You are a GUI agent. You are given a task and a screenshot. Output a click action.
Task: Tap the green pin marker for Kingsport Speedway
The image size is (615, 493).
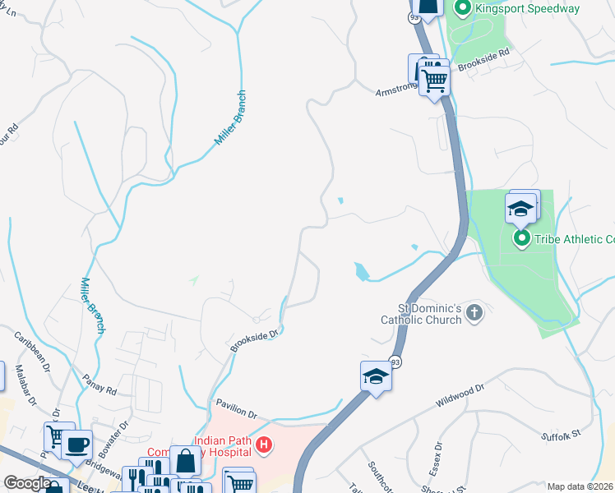462,9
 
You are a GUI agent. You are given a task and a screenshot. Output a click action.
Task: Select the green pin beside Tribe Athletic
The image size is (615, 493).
521,239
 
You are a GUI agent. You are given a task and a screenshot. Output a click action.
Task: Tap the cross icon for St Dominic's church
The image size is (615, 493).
474,311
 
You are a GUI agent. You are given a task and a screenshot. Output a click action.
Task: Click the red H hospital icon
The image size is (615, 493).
264,446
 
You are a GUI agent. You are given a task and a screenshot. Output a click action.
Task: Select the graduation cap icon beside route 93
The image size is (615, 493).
376,376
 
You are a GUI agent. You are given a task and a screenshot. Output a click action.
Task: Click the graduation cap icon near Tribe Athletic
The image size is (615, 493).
521,209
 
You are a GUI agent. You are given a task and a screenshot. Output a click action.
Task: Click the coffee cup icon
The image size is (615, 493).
77,445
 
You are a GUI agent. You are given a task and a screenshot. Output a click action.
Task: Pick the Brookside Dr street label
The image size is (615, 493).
256,338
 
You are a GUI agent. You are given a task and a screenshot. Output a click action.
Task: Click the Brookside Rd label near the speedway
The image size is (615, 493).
490,61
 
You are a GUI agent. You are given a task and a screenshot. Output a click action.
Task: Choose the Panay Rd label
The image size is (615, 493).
100,383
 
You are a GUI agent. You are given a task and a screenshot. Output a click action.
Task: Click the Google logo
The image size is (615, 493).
26,483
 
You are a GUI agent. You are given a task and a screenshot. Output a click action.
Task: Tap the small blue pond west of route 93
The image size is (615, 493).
361,270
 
